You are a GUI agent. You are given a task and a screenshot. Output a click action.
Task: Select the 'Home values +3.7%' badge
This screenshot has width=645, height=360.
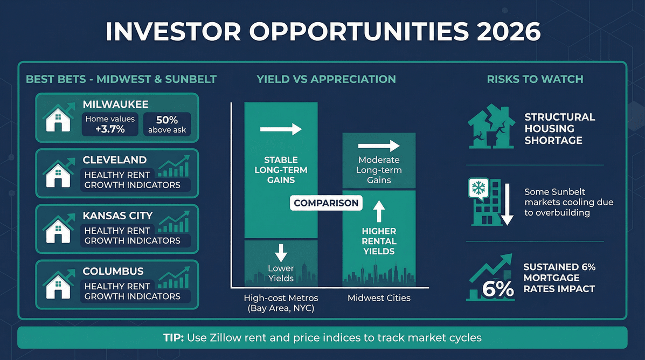click(x=110, y=124)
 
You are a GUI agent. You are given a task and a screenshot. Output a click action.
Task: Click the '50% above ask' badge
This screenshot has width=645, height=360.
click(x=167, y=124)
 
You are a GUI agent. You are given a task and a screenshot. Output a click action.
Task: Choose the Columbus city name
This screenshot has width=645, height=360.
click(x=113, y=271)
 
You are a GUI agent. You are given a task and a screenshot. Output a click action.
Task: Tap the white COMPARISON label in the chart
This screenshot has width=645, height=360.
click(x=326, y=203)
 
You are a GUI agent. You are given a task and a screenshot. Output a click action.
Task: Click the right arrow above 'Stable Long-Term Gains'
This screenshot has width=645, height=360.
click(x=280, y=129)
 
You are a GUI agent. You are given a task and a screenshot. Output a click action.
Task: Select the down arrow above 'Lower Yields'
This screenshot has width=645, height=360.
click(x=281, y=253)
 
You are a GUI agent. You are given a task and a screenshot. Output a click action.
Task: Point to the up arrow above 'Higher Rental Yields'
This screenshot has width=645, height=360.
click(x=379, y=211)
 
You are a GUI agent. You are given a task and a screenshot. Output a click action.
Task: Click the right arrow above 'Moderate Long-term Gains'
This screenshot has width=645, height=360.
click(x=379, y=146)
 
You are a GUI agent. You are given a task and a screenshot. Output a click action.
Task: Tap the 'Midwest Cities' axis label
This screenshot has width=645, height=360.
click(x=379, y=298)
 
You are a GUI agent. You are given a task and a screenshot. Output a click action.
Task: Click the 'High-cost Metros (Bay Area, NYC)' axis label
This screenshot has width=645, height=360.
click(x=281, y=303)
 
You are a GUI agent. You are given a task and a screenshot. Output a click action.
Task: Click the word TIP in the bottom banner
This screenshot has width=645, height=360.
click(x=174, y=338)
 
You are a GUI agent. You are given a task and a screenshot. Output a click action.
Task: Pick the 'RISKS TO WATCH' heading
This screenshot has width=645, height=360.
click(x=535, y=79)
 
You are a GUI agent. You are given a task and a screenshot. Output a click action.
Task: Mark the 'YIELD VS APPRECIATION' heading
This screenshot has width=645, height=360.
click(x=326, y=79)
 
